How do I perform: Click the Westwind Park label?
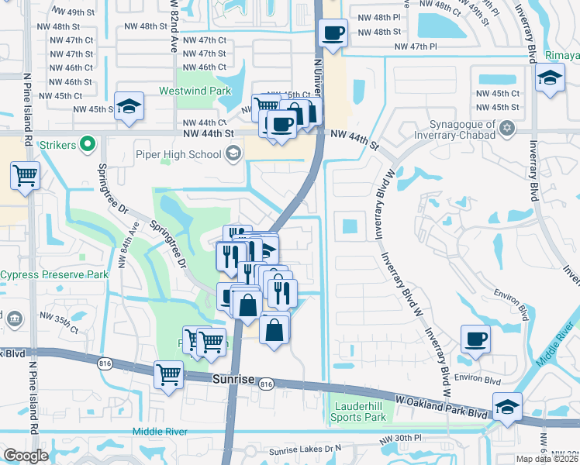(x=195, y=91)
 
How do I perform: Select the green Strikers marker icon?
(x=88, y=144)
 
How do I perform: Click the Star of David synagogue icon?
(x=508, y=126)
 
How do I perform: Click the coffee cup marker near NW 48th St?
(x=333, y=33)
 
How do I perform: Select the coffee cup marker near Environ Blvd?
(x=475, y=338)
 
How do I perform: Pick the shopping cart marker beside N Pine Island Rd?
(x=26, y=176)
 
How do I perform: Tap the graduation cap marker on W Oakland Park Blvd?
(x=507, y=406)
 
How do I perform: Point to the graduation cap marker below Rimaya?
(x=550, y=78)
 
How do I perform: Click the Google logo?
(x=26, y=455)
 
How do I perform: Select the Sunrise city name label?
(x=233, y=379)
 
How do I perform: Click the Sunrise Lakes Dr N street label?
(x=305, y=449)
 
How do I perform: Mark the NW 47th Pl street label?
(x=416, y=47)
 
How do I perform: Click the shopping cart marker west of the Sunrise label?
(x=168, y=375)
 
